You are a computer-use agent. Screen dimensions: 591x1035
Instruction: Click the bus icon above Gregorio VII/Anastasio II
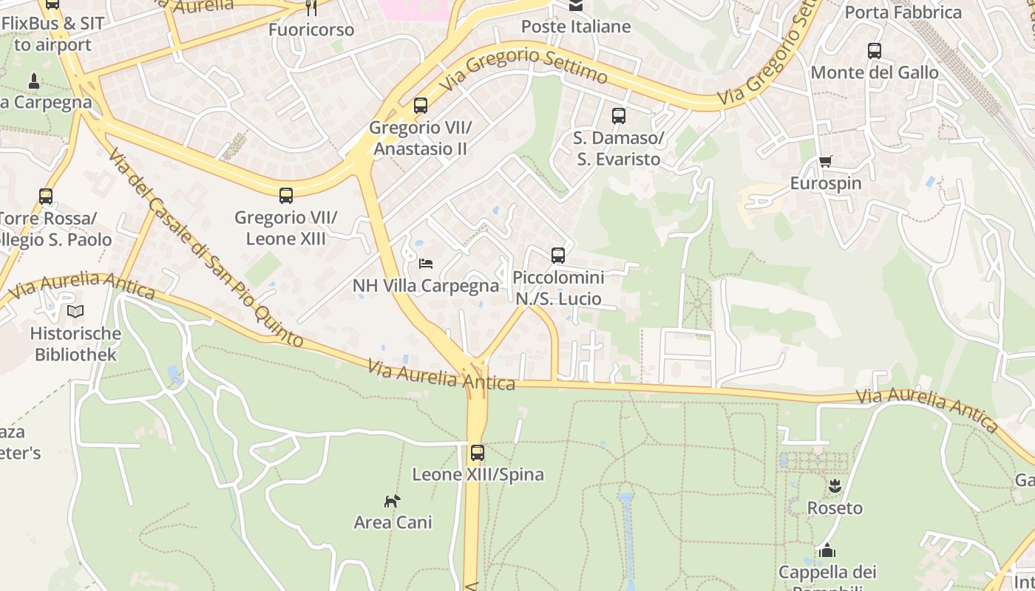[421, 106]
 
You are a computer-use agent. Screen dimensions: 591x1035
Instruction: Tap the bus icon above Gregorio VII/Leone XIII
[286, 196]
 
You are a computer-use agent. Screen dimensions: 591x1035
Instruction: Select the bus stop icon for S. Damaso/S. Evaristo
[619, 116]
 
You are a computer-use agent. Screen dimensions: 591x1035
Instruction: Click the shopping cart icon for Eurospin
[826, 162]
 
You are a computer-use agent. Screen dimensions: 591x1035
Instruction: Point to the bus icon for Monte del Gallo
[875, 51]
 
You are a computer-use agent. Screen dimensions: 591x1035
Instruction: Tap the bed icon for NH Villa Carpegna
[426, 263]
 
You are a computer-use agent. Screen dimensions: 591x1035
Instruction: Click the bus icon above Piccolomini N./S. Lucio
[558, 256]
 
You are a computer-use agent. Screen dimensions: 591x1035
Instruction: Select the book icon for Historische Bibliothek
[75, 311]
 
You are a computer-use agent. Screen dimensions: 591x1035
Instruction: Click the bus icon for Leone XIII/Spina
[478, 453]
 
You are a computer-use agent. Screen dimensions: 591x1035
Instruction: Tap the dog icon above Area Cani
[392, 501]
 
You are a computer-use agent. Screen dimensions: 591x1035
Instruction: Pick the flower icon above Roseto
[835, 486]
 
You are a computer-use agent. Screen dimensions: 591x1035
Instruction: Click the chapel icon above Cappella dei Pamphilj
[827, 550]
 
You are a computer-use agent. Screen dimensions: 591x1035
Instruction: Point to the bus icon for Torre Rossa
[46, 197]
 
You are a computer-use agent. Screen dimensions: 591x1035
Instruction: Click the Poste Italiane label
[576, 27]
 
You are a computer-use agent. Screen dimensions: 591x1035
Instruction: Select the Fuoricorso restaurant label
[311, 30]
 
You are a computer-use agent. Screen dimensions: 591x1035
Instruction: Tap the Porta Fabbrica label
[903, 12]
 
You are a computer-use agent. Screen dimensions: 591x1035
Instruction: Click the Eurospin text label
[826, 183]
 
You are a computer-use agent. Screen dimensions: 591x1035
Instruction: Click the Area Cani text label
[393, 522]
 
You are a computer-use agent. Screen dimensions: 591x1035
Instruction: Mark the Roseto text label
[835, 508]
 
